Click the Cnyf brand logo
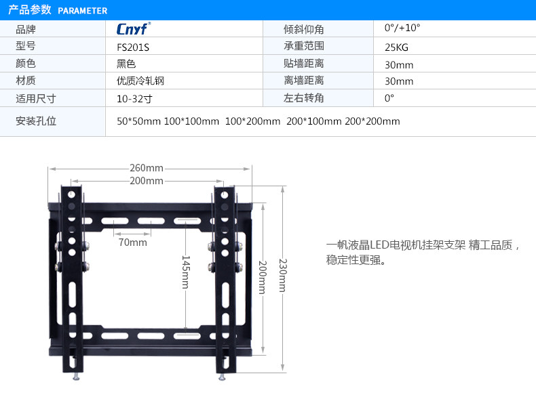pos(133,30)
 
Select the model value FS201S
pos(132,47)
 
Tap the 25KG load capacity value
pos(396,47)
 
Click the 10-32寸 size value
pos(134,98)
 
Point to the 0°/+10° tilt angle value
pos(402,28)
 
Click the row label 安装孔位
pos(35,121)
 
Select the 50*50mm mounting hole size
pos(138,121)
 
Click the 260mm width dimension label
pos(147,168)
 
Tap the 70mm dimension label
pos(132,242)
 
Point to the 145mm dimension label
pos(185,272)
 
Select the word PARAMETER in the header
pos(83,11)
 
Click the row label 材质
pos(26,81)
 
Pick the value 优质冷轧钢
pos(140,81)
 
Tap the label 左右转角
pos(303,98)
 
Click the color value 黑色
pos(126,64)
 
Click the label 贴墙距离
pos(303,64)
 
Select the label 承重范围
pos(303,47)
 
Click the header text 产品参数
pos(30,10)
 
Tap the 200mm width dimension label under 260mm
pos(147,181)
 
